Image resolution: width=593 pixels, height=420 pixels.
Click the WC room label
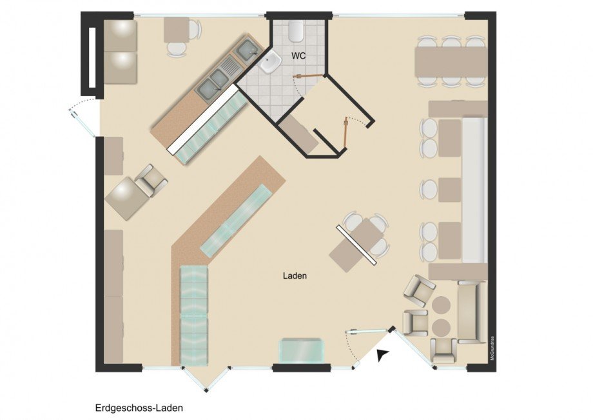(298, 56)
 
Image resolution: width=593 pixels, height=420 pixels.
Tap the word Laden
(295, 275)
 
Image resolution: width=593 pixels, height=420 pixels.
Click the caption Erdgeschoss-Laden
(139, 408)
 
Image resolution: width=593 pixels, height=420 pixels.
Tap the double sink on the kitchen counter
(213, 81)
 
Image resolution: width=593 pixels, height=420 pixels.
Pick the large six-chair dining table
(451, 62)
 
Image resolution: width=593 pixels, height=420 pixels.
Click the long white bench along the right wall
(473, 190)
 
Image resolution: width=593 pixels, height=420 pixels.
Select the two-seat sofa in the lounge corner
(471, 312)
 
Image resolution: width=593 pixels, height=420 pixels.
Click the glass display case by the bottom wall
(302, 350)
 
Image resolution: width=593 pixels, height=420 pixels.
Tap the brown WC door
(308, 77)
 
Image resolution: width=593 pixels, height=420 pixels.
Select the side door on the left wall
(84, 123)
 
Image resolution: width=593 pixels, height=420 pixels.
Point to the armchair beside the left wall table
(150, 180)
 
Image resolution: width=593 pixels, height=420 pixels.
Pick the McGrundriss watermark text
(492, 349)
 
